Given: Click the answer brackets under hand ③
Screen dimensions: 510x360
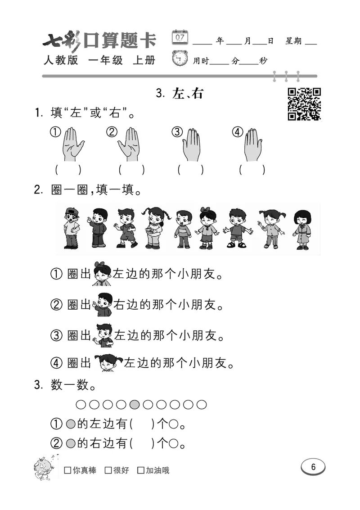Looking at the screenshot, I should (190, 170).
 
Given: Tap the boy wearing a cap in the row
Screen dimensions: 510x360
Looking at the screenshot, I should (71, 228).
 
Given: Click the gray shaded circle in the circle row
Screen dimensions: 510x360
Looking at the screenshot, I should (135, 405).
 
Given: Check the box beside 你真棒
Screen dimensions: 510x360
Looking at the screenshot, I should (67, 470).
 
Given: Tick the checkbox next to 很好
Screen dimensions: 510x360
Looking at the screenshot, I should (108, 470).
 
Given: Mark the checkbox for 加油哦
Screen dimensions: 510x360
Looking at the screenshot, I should (141, 470).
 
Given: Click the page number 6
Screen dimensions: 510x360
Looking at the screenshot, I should (313, 467).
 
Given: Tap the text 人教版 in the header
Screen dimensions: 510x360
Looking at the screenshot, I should (61, 60).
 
